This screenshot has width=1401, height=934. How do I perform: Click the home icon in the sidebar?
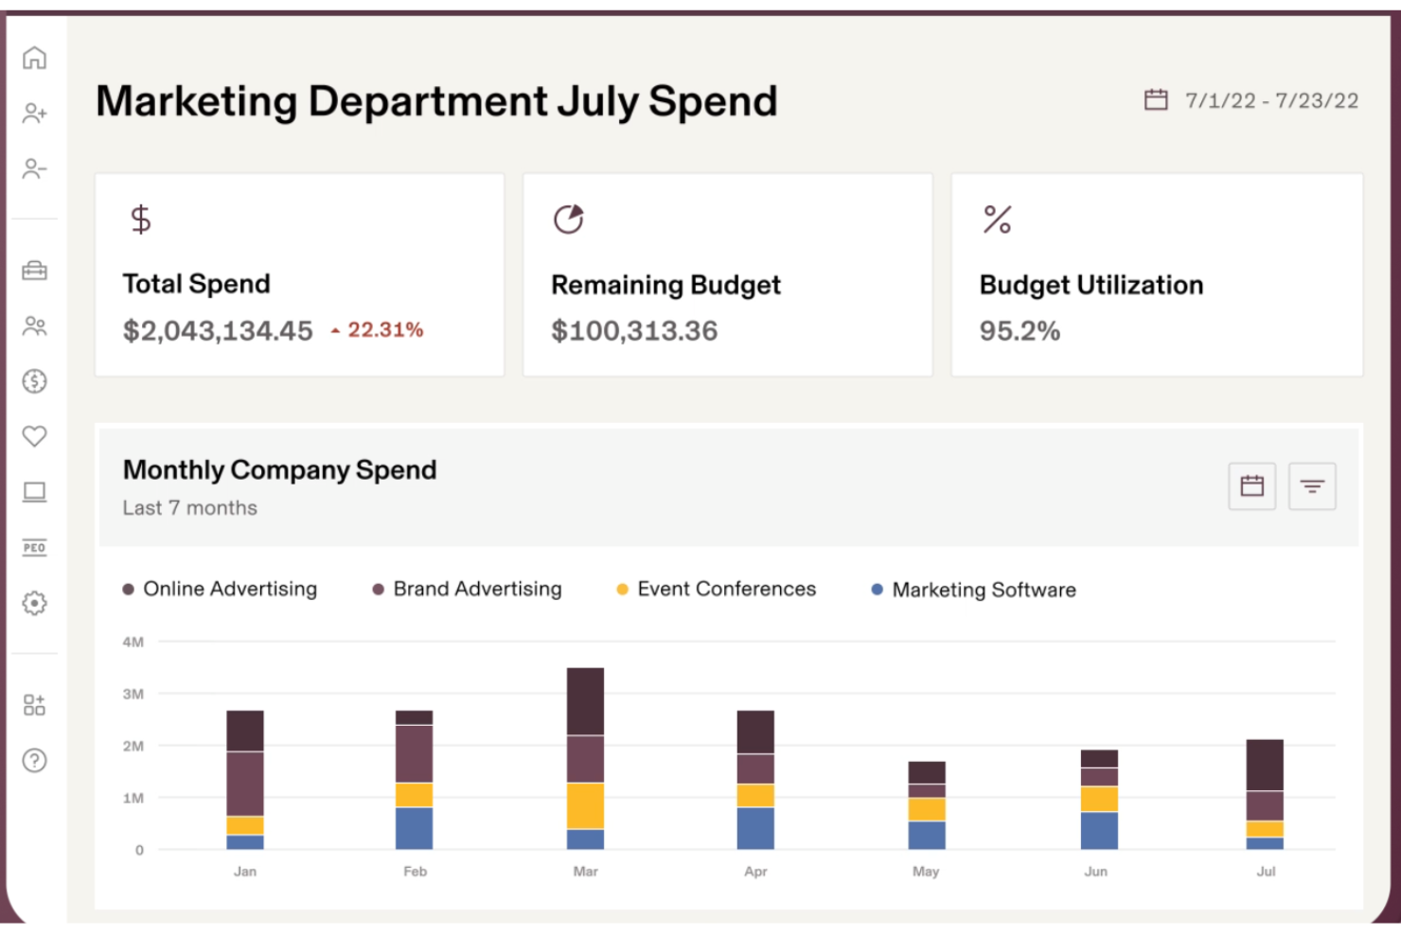(34, 58)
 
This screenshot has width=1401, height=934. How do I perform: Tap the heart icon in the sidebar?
(34, 436)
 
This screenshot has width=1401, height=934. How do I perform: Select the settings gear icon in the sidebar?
(34, 603)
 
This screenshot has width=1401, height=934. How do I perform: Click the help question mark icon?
(34, 760)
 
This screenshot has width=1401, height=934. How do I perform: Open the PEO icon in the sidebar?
(34, 548)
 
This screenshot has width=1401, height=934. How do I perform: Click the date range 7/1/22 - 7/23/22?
(1270, 101)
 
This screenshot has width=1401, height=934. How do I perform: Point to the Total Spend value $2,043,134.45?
(218, 331)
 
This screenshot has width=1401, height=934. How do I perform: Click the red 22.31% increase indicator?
(378, 330)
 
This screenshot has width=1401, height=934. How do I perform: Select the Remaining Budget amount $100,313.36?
(634, 331)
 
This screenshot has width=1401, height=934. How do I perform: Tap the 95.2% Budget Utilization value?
(1020, 331)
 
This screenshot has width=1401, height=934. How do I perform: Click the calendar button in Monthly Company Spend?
(1251, 486)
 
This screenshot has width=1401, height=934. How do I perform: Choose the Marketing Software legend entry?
(974, 590)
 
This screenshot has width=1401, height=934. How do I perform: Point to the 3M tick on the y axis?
(133, 694)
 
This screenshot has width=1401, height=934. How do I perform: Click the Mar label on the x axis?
(585, 872)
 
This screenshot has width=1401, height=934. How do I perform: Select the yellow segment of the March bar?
(585, 805)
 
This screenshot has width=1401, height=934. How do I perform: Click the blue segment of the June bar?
(1099, 830)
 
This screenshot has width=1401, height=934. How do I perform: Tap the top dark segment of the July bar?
(1265, 765)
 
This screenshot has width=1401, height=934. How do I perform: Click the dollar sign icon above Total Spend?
(141, 220)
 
